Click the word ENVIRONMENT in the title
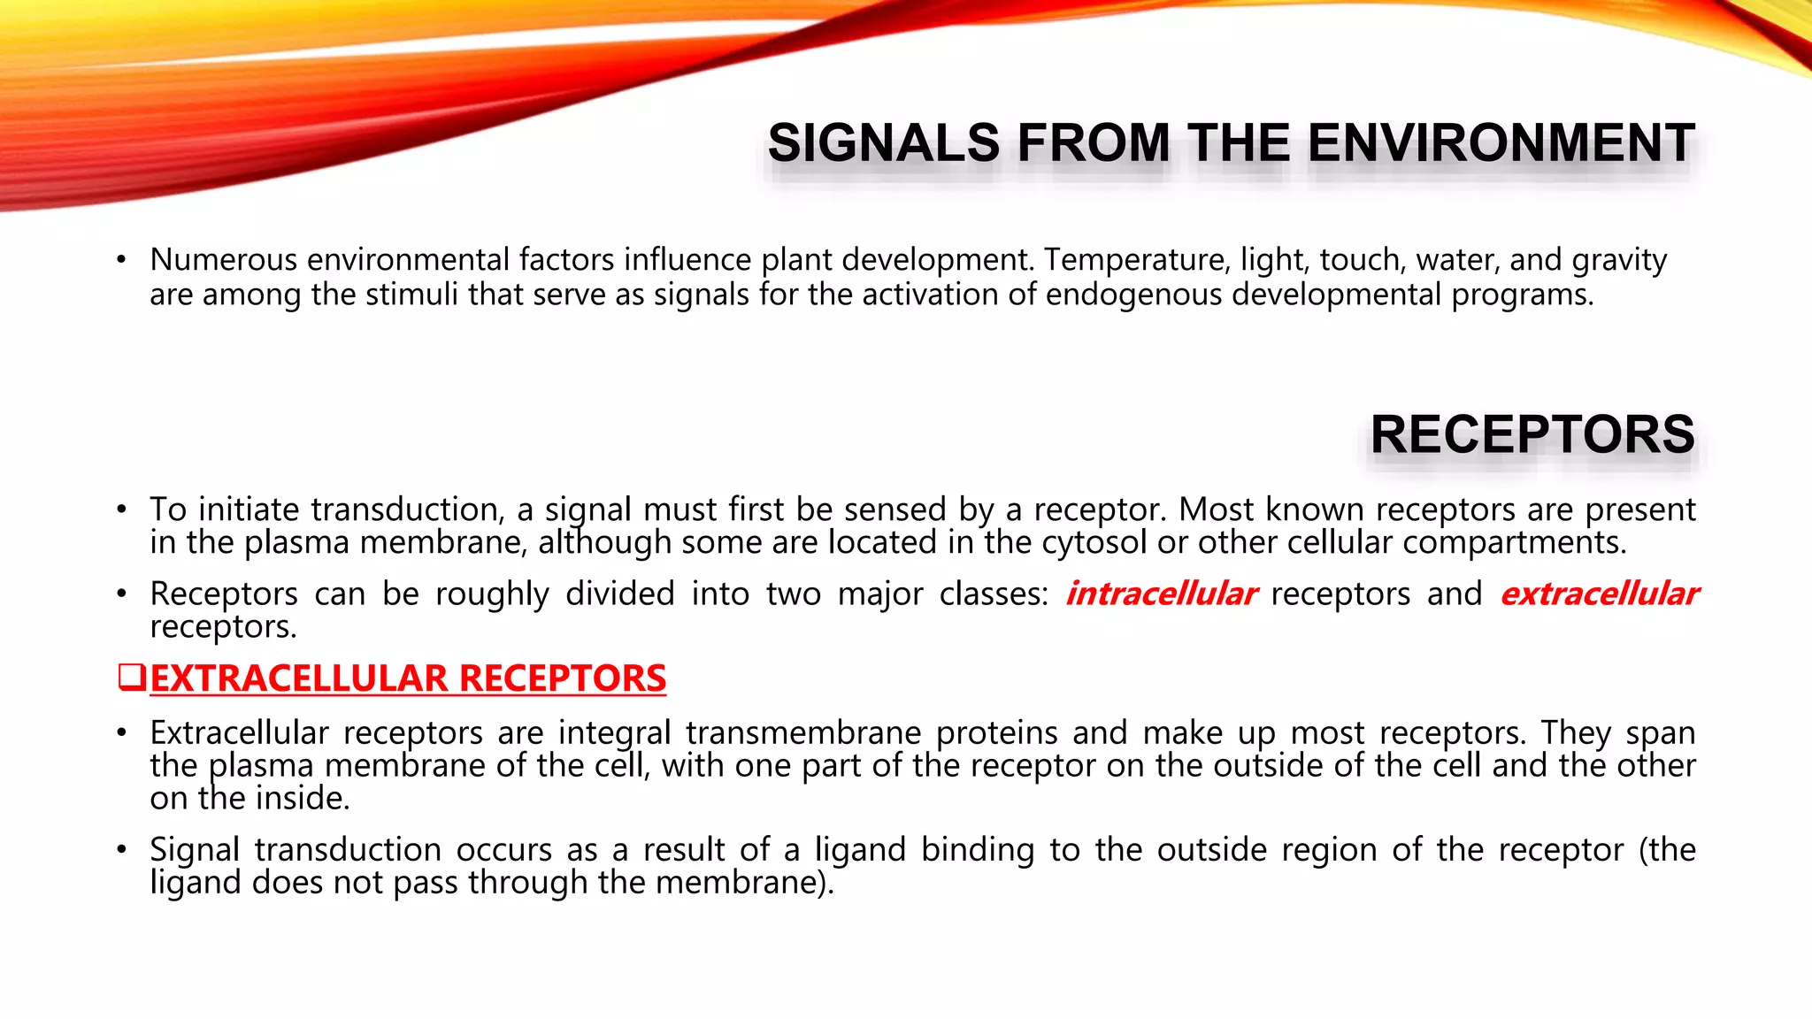coord(1501,143)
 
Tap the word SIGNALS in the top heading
coord(883,143)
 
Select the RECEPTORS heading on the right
coord(1532,434)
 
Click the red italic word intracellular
coord(1161,594)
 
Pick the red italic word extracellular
coord(1599,594)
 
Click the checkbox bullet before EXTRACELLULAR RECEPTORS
coord(131,678)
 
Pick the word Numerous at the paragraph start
coord(223,259)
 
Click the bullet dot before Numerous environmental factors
coord(121,261)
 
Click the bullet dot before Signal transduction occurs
coord(121,851)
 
